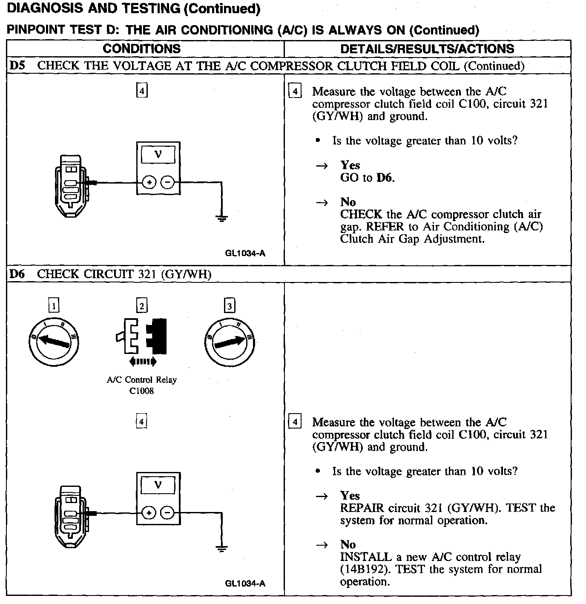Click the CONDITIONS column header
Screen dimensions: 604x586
141,49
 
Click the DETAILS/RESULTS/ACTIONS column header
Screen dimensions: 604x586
427,49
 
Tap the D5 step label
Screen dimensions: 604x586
17,66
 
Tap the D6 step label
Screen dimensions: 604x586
17,274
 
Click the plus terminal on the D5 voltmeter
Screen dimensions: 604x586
149,183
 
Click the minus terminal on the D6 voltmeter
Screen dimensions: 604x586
168,513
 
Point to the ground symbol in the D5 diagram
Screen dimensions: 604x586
221,219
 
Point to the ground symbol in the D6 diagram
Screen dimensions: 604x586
221,549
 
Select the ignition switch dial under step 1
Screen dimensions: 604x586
53,342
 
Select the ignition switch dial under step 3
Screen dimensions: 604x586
230,342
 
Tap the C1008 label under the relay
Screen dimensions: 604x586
141,391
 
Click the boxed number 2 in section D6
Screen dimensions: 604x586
141,306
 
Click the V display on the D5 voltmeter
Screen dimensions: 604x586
158,154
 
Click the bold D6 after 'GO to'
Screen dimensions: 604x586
385,178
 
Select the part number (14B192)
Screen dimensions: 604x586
363,569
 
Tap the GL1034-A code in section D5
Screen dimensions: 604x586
245,253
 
